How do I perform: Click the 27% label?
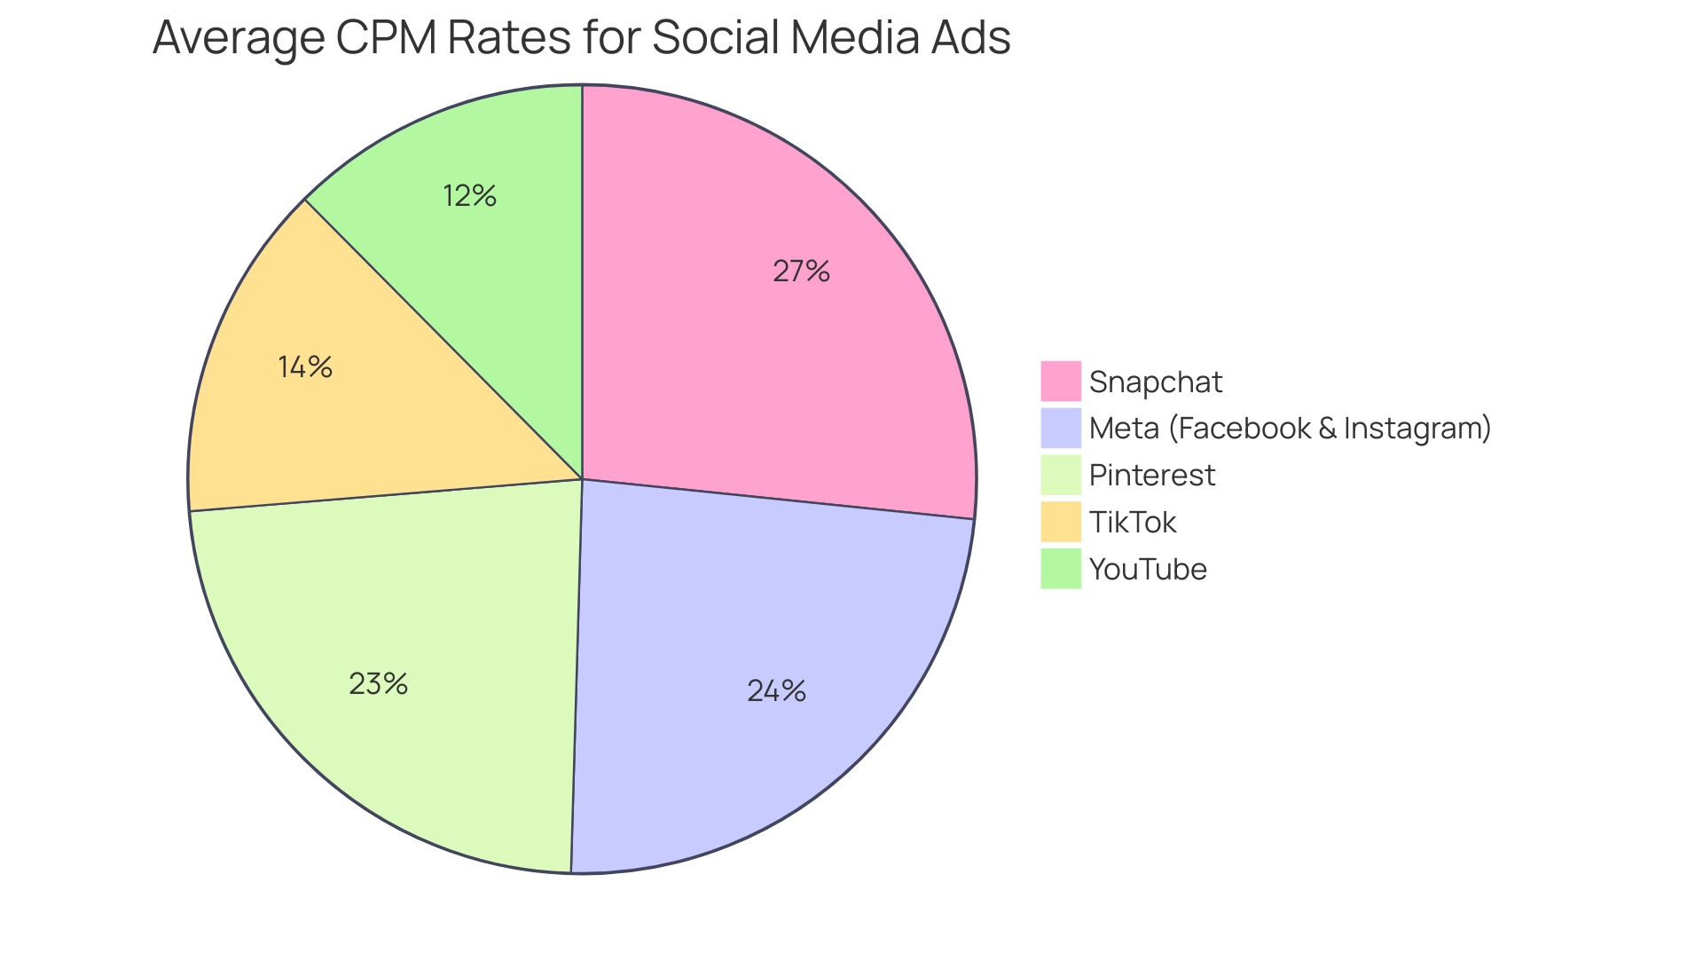click(x=801, y=272)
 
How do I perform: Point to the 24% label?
click(x=776, y=691)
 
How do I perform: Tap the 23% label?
click(x=378, y=684)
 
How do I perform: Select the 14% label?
click(x=305, y=367)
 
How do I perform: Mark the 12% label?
click(x=469, y=196)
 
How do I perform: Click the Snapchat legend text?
click(x=1155, y=382)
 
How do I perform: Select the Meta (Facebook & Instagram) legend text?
click(x=1290, y=429)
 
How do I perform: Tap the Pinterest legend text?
click(x=1151, y=476)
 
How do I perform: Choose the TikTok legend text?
click(x=1132, y=523)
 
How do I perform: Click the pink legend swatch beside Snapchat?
click(x=1061, y=382)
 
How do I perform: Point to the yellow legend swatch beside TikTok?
click(x=1061, y=522)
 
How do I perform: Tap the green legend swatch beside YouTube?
click(x=1061, y=569)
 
